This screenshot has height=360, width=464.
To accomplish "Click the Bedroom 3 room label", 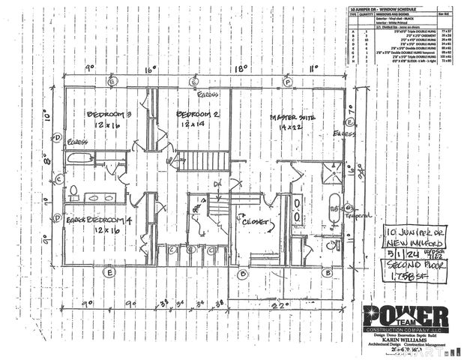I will [109, 114].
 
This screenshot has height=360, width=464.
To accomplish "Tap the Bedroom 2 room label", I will [196, 114].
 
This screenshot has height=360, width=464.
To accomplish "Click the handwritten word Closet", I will [256, 222].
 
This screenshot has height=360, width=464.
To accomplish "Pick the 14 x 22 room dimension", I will [290, 130].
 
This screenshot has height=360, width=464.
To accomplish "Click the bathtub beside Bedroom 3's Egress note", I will [79, 158].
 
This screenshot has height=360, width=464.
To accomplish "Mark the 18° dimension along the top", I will [240, 68].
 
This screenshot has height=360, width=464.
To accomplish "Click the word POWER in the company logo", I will [405, 316].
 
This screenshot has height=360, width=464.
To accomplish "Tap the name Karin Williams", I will [405, 338].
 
